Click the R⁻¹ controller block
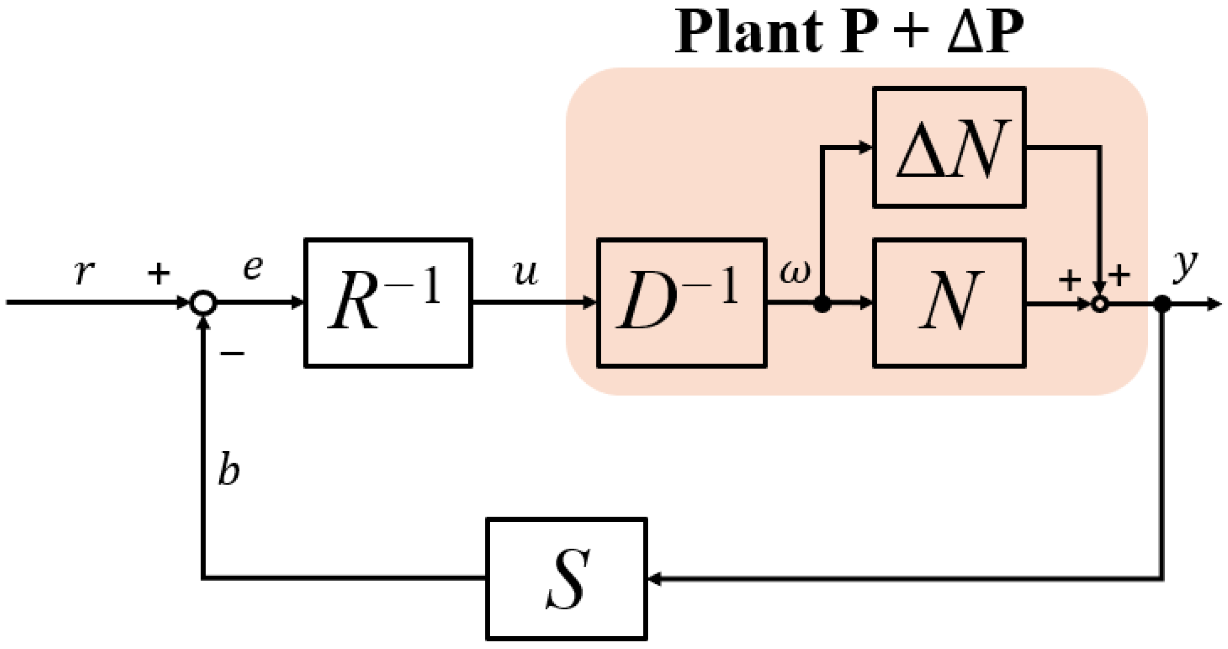pyautogui.click(x=388, y=303)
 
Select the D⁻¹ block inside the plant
pyautogui.click(x=682, y=303)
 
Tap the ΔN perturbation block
pyautogui.click(x=949, y=147)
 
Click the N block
pyautogui.click(x=949, y=303)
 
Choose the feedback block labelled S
pyautogui.click(x=567, y=579)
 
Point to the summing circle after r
pyautogui.click(x=203, y=303)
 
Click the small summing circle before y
pyautogui.click(x=1100, y=304)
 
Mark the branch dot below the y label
pyautogui.click(x=1162, y=304)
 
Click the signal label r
pyautogui.click(x=84, y=272)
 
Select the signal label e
pyautogui.click(x=253, y=268)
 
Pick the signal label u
pyautogui.click(x=526, y=273)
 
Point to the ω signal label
pyautogui.click(x=795, y=272)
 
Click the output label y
pyautogui.click(x=1185, y=267)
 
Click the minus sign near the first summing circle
pyautogui.click(x=232, y=353)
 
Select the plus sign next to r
pyautogui.click(x=159, y=274)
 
